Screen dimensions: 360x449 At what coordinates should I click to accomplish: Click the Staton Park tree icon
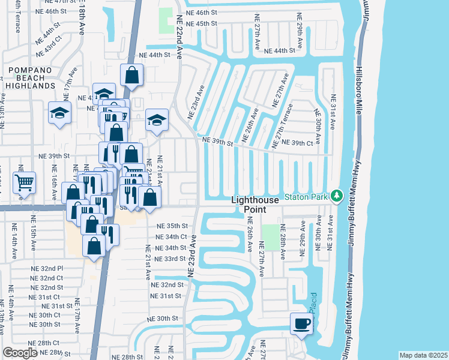tap(337, 196)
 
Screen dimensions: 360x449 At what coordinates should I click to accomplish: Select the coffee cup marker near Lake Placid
tap(301, 324)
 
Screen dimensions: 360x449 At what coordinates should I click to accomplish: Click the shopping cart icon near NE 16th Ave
tap(24, 182)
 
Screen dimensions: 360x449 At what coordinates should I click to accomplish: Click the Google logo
tap(20, 352)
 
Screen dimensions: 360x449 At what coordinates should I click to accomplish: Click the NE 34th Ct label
tap(172, 237)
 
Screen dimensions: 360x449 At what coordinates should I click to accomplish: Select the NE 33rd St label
tap(170, 259)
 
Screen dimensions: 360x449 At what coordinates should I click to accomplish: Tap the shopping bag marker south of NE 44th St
tap(131, 76)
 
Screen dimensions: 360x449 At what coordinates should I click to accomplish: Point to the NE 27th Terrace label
tap(286, 122)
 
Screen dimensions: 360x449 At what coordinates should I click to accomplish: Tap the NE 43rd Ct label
tap(49, 37)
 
